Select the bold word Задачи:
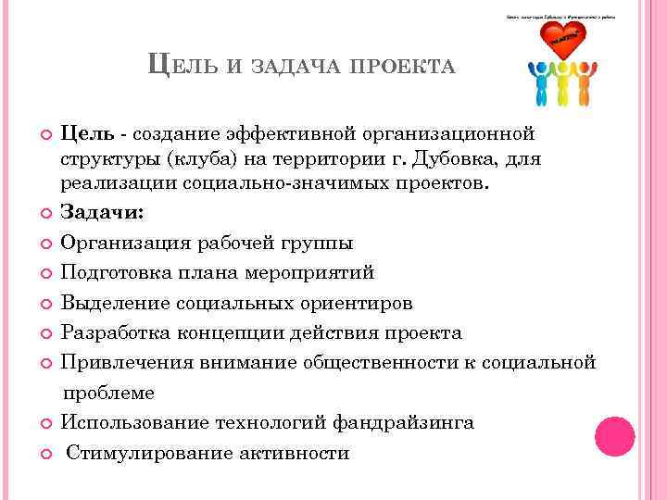coord(102,212)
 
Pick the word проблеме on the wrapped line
coord(108,393)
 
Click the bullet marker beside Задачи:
coord(48,213)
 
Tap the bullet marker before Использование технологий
coord(48,424)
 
